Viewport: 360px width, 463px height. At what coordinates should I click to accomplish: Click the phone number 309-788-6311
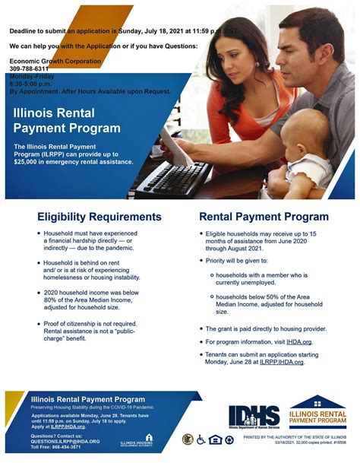pyautogui.click(x=29, y=68)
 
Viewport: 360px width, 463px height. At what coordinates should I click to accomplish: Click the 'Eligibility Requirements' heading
pyautogui.click(x=99, y=217)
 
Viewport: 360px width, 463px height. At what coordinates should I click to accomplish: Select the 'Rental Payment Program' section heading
pyautogui.click(x=264, y=217)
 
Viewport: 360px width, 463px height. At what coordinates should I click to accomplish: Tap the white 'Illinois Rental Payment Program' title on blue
pyautogui.click(x=67, y=121)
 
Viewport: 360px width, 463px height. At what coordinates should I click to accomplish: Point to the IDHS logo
pyautogui.click(x=254, y=415)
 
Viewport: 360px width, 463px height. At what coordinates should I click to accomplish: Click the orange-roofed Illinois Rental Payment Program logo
pyautogui.click(x=317, y=411)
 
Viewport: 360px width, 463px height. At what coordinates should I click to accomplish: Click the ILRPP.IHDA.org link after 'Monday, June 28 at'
pyautogui.click(x=282, y=362)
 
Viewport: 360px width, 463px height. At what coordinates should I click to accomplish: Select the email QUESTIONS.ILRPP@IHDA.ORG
pyautogui.click(x=65, y=440)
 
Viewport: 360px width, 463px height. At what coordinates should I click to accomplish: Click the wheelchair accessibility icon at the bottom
pyautogui.click(x=201, y=439)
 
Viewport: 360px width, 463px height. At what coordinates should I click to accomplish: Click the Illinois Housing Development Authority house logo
pyautogui.click(x=149, y=439)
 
